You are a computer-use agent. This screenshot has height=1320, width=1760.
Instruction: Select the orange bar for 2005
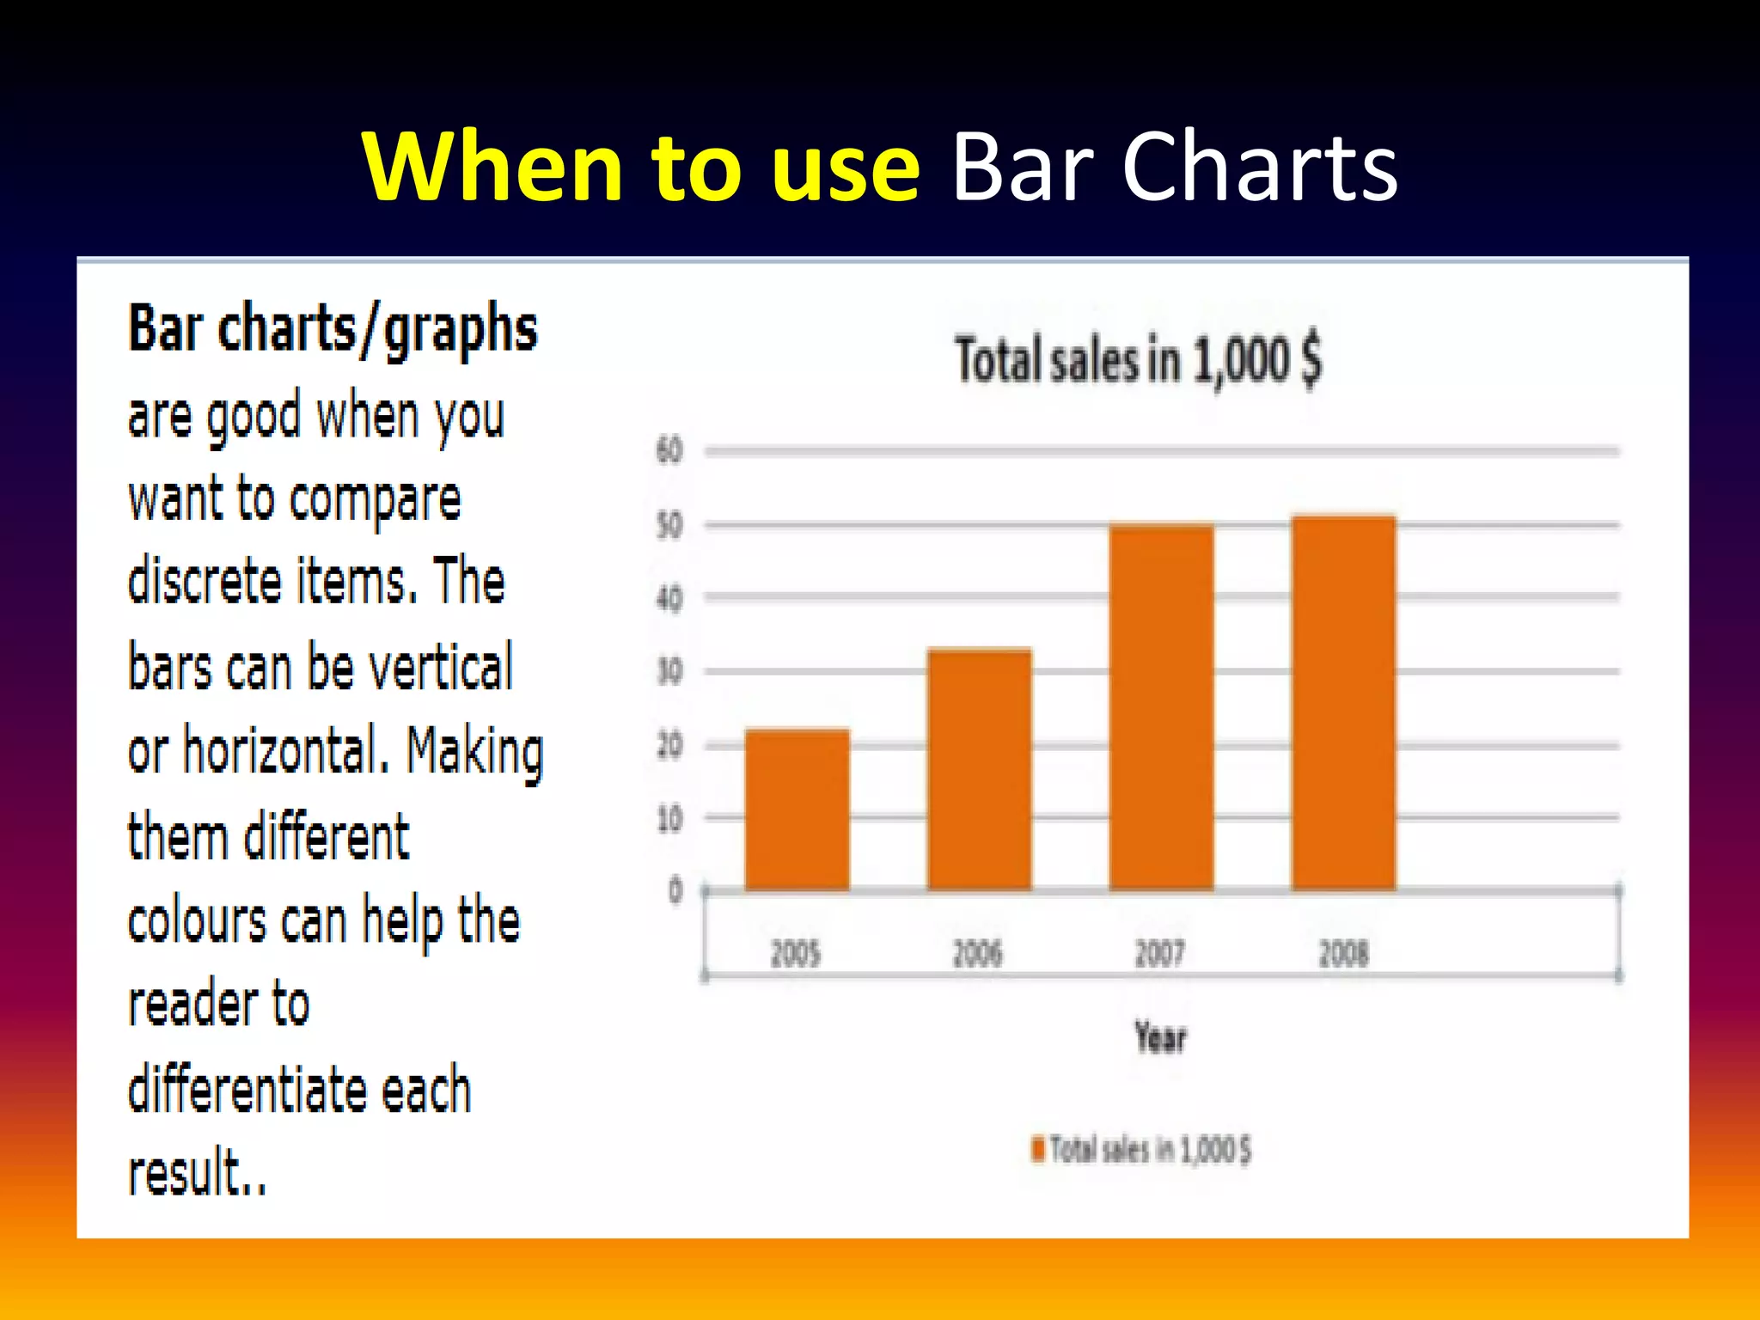point(797,810)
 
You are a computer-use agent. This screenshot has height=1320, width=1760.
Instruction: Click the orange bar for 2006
point(979,769)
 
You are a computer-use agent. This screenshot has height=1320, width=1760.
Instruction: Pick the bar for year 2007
point(1161,706)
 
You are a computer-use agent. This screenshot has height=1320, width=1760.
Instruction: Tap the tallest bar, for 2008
point(1343,702)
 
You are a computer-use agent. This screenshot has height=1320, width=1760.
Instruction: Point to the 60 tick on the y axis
point(669,449)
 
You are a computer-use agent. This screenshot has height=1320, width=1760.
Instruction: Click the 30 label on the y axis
point(669,671)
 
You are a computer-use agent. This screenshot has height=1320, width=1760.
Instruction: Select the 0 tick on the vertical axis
point(675,890)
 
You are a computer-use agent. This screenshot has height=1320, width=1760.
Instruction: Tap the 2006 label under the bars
point(978,953)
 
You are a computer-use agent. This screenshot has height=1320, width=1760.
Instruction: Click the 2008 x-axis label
point(1343,953)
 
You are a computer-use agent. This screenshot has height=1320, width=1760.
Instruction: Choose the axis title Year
point(1160,1037)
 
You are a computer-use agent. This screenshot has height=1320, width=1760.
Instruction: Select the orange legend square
point(1038,1149)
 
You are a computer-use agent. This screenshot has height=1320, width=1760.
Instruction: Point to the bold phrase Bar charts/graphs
point(333,330)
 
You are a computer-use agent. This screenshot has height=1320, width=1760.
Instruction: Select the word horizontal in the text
point(280,750)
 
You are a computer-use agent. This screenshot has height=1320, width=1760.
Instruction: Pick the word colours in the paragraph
point(197,921)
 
